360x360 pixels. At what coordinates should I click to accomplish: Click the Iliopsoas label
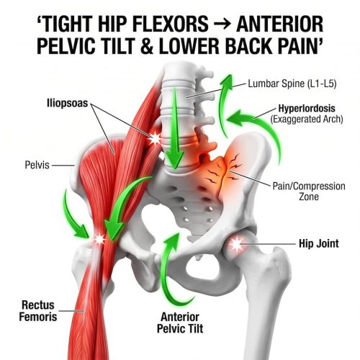[x=68, y=103]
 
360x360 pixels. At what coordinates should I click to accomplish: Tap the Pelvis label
[x=37, y=165]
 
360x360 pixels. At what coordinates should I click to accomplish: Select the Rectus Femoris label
[x=38, y=311]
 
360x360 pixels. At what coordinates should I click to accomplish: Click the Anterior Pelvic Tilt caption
[x=180, y=323]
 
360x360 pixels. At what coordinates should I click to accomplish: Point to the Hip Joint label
[x=319, y=243]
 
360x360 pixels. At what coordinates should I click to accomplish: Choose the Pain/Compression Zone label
[x=309, y=192]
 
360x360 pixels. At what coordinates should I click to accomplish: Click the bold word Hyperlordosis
[x=307, y=108]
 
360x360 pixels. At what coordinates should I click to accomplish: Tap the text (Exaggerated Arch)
[x=307, y=119]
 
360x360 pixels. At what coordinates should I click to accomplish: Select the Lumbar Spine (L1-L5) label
[x=292, y=84]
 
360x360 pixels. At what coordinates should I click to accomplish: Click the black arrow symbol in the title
[x=222, y=24]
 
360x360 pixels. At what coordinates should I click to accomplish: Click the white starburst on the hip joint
[x=236, y=244]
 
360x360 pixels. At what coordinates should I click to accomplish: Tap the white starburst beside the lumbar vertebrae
[x=155, y=138]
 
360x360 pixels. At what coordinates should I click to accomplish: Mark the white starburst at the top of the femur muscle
[x=99, y=239]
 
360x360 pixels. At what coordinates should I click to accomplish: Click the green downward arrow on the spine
[x=175, y=128]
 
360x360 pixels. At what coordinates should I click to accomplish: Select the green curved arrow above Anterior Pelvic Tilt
[x=170, y=266]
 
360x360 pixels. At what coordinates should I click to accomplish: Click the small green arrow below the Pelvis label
[x=73, y=216]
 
